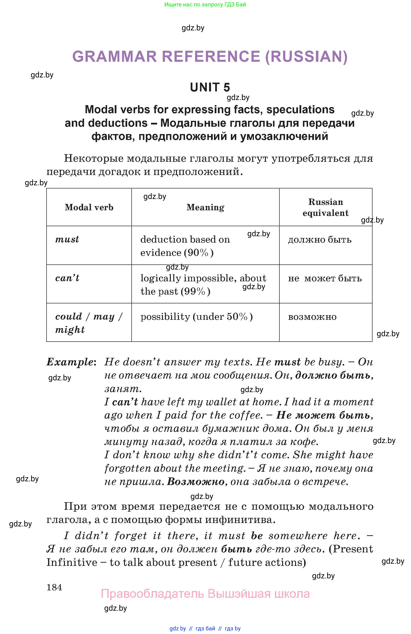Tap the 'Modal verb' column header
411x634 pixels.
pos(89,207)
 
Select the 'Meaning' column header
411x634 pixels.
pos(205,207)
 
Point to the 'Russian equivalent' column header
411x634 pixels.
pos(325,207)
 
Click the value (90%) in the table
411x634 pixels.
pos(199,252)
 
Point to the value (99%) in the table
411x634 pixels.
pos(196,291)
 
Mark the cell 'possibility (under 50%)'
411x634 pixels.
pos(197,316)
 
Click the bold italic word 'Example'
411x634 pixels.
pos(70,362)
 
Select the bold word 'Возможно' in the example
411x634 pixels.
pos(196,482)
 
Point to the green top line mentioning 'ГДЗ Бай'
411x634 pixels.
pos(205,4)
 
